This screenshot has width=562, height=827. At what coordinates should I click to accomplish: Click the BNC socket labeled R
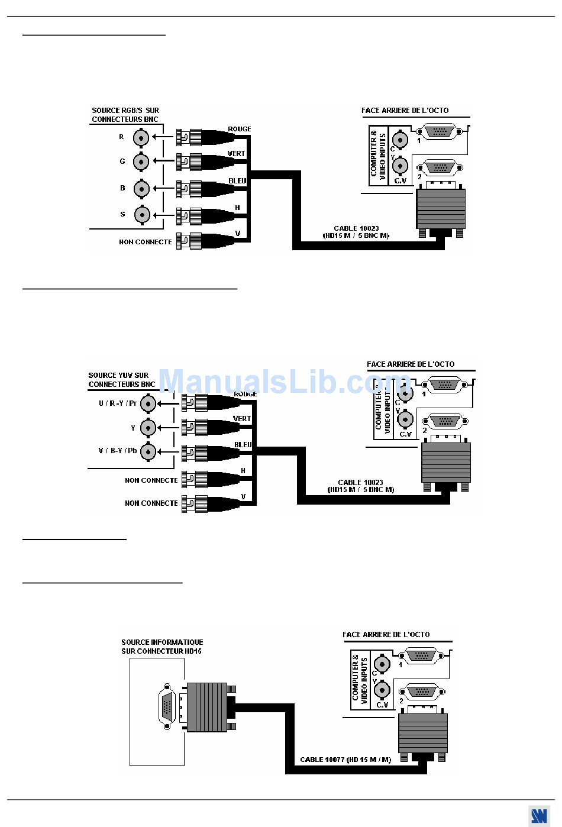141,138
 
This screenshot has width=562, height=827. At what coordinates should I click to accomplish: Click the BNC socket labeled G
141,161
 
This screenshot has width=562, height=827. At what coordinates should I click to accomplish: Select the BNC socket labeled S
142,215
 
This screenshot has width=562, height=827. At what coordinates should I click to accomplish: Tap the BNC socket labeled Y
148,428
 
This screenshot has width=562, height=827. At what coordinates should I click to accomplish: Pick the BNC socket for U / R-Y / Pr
148,403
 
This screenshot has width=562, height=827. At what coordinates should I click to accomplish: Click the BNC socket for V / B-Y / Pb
148,452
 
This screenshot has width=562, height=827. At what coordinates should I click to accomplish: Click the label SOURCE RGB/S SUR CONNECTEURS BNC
125,115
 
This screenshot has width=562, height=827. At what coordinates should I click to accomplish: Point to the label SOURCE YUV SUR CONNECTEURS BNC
121,380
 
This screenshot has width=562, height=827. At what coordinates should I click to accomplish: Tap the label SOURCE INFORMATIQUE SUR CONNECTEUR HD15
162,647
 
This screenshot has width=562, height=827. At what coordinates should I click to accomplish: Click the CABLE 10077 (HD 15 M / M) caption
345,760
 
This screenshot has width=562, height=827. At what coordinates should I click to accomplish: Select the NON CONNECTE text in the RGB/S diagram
145,242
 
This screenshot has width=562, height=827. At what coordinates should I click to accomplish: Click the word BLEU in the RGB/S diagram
237,181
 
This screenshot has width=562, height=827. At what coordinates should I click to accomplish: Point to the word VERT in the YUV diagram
242,419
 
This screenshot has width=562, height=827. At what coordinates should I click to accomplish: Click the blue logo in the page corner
538,816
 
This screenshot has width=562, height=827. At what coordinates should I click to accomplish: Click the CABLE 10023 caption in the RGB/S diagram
356,232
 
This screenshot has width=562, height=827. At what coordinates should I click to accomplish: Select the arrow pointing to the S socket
158,215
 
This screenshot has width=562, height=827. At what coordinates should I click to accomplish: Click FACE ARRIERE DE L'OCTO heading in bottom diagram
386,635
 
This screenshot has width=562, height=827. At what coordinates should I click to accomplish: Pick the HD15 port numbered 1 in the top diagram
439,132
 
